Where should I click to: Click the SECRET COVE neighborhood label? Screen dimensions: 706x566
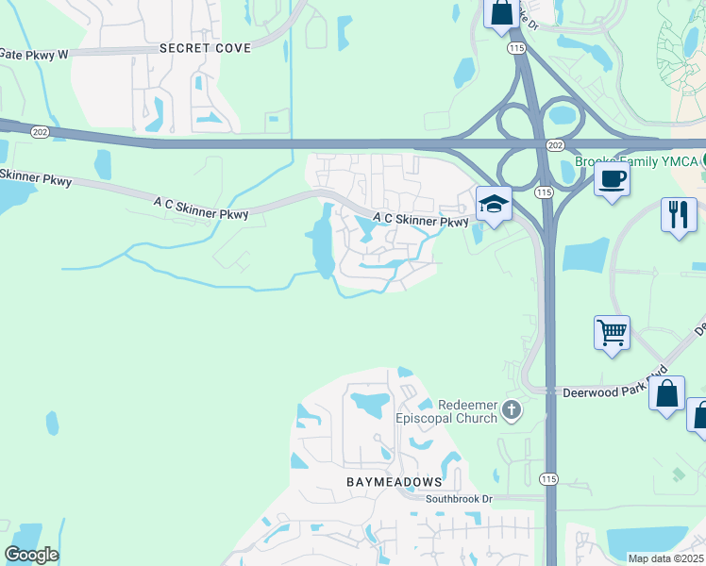click(x=205, y=47)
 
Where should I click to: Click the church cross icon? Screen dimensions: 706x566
click(x=512, y=409)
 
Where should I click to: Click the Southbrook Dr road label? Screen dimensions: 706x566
click(x=460, y=498)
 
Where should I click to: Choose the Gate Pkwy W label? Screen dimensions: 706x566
click(x=35, y=55)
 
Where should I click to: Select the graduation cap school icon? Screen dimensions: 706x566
click(x=493, y=203)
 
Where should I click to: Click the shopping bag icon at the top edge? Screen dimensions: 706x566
click(x=500, y=13)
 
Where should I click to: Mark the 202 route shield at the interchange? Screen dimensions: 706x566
click(x=556, y=144)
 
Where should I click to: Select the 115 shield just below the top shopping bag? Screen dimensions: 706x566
click(x=515, y=46)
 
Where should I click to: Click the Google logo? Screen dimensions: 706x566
click(x=31, y=555)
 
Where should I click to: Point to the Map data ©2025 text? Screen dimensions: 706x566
click(x=665, y=558)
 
